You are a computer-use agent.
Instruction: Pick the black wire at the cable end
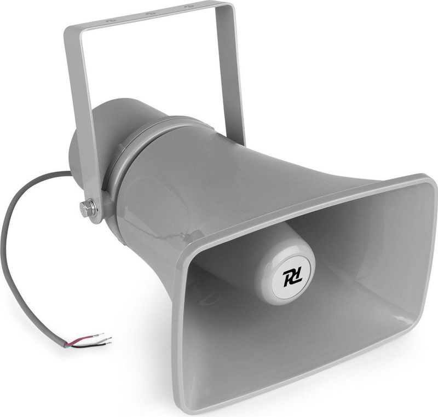(x=88, y=346)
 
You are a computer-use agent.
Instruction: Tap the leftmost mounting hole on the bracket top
(x=112, y=19)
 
